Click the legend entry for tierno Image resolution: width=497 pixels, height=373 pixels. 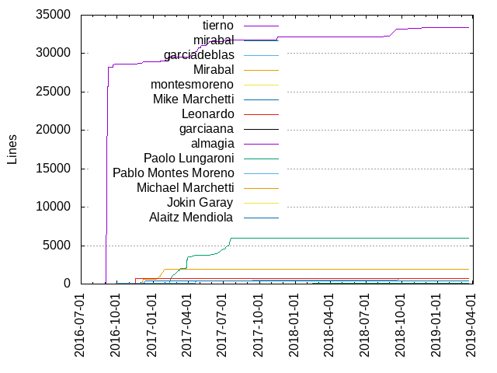tap(213, 26)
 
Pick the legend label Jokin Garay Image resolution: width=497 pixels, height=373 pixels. tap(200, 202)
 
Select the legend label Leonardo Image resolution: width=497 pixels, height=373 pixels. tap(202, 113)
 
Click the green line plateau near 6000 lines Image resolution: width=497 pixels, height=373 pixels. tap(349, 238)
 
